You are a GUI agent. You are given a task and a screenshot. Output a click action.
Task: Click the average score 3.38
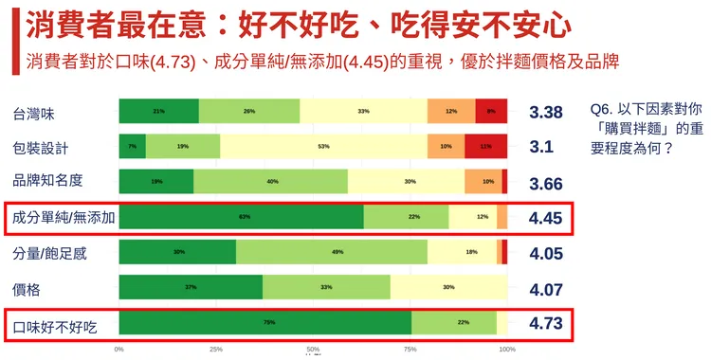(546, 113)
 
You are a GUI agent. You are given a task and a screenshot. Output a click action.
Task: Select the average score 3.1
(541, 148)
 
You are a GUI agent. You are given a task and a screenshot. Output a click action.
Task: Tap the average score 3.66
(546, 183)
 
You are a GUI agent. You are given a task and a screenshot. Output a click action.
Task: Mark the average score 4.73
(546, 323)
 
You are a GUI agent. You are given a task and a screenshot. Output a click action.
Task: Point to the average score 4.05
(546, 253)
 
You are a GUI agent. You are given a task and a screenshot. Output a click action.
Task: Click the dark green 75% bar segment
(265, 323)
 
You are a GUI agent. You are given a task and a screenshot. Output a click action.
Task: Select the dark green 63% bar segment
(241, 217)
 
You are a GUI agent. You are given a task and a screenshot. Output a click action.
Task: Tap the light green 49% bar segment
(331, 252)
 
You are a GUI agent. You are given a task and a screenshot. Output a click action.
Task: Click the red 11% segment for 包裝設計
(485, 147)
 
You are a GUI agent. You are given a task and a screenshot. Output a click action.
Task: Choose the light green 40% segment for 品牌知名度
(270, 182)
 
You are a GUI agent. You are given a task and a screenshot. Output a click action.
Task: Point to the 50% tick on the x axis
(313, 349)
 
